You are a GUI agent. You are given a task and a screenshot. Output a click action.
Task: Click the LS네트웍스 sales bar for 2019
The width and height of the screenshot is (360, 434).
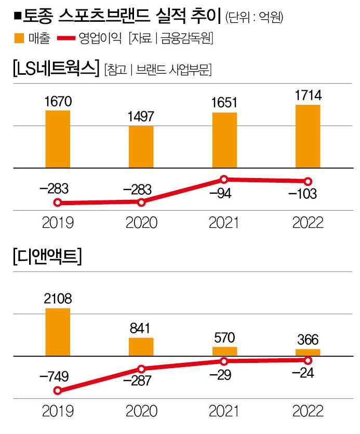tap(58, 139)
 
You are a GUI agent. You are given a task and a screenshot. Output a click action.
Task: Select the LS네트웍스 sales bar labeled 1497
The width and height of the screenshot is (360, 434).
tap(141, 147)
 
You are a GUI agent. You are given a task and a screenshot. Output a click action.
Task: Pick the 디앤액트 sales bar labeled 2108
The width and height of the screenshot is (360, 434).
tap(58, 332)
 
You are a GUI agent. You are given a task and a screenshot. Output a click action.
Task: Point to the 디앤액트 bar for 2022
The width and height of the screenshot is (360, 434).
tap(307, 352)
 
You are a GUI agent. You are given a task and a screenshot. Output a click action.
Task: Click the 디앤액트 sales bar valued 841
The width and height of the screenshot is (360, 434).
tap(141, 347)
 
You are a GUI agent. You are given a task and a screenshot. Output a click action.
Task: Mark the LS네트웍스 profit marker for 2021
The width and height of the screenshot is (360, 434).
tap(224, 180)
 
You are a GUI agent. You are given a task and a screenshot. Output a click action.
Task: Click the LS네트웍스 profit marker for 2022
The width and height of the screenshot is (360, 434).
tap(307, 181)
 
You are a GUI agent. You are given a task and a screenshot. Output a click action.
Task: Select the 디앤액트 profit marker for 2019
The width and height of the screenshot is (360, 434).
tap(58, 390)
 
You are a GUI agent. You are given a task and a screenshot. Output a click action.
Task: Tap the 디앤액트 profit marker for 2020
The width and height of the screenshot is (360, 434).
tap(141, 369)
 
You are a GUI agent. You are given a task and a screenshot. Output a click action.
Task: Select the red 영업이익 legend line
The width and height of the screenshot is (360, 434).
tap(65, 38)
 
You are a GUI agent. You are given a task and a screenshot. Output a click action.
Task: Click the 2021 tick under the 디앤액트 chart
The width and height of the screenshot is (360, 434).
tap(224, 412)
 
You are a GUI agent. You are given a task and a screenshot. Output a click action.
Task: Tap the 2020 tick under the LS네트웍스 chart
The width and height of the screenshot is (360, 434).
tap(141, 223)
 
